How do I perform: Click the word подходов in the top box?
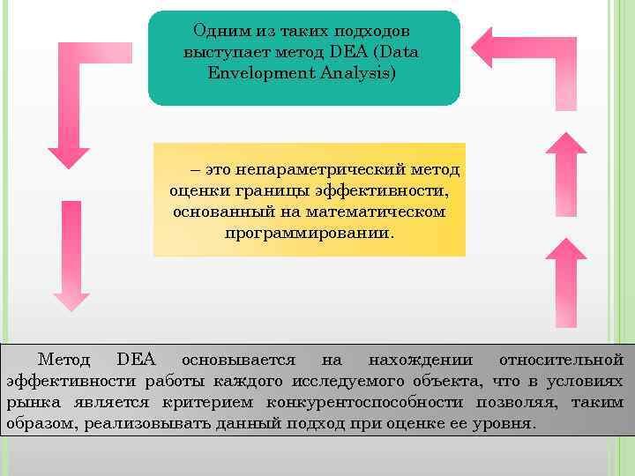point(381,32)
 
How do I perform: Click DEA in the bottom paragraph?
point(136,360)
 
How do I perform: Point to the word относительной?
point(561,360)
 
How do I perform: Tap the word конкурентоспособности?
point(366,402)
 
